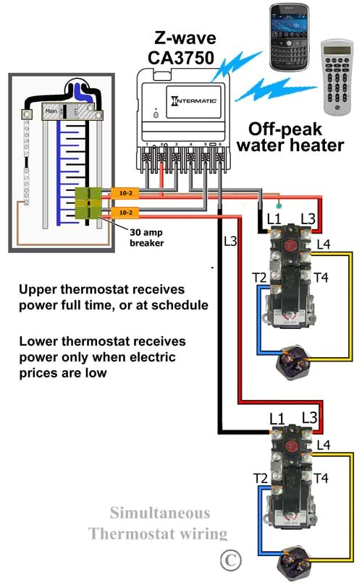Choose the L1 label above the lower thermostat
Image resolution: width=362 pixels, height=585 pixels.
pyautogui.click(x=276, y=418)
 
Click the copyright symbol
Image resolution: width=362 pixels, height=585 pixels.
pyautogui.click(x=230, y=559)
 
